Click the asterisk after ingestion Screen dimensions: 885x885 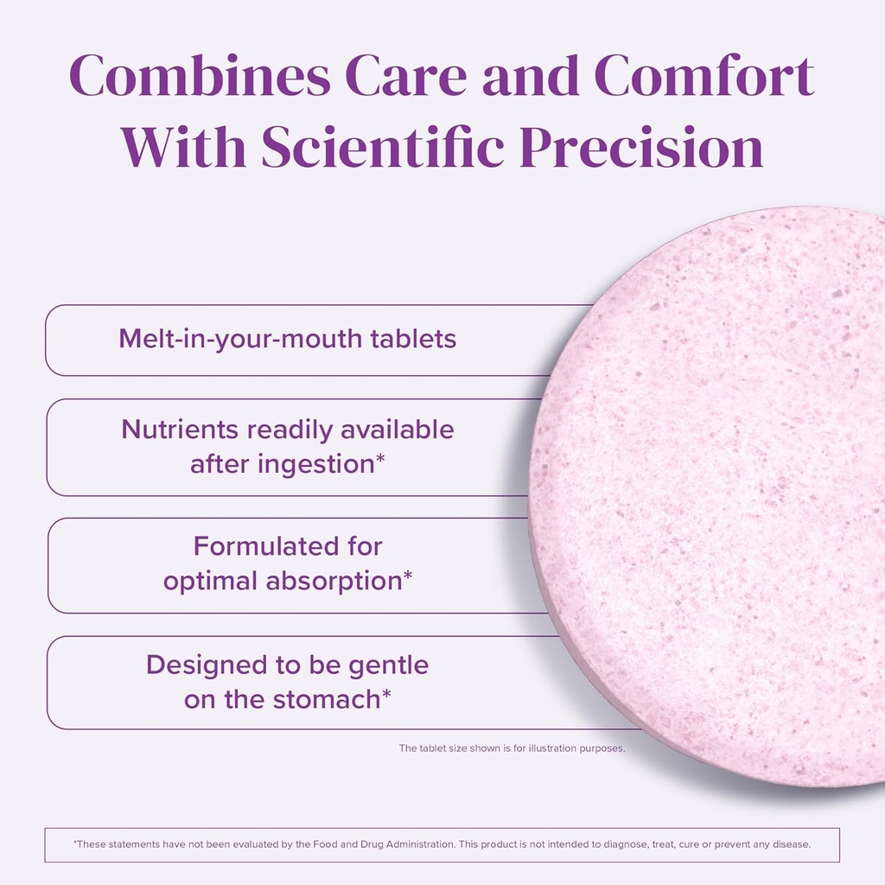coord(379,460)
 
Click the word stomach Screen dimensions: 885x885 coord(327,699)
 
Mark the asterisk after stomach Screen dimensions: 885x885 coord(386,695)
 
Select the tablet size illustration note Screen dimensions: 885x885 coord(512,748)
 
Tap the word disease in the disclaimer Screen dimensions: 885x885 coord(790,844)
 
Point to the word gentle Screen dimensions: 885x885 coord(386,665)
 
